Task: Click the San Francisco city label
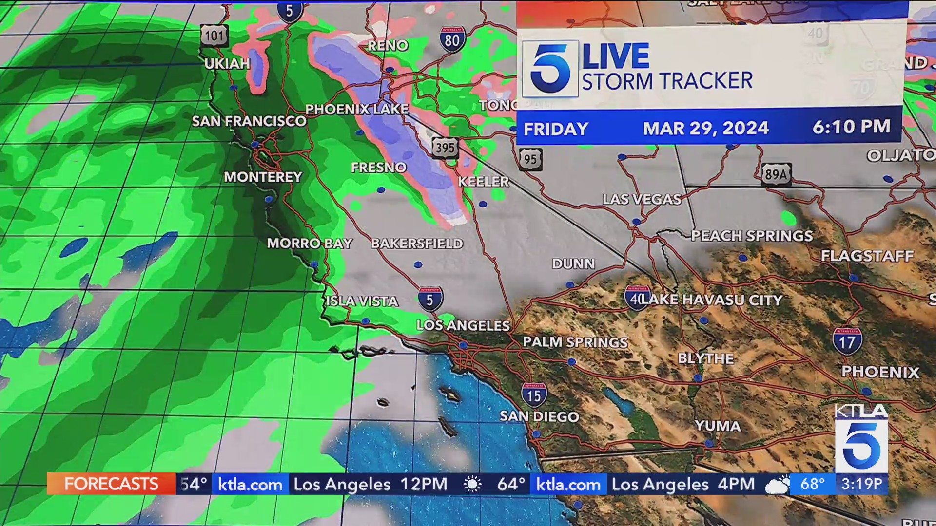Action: [x=249, y=121]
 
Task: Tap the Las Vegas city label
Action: [x=642, y=199]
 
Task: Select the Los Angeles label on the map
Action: [x=463, y=325]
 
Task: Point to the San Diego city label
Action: [x=539, y=416]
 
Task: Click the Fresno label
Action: [x=378, y=168]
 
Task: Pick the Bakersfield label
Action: [x=417, y=243]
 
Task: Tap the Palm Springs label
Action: [x=575, y=342]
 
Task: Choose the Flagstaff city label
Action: [x=867, y=256]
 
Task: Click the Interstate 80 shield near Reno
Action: [x=452, y=39]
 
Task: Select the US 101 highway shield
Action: [x=214, y=35]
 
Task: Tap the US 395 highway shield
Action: [x=445, y=147]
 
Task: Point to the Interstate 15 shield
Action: [x=534, y=395]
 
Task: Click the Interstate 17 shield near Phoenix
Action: [x=847, y=341]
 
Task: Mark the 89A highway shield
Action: [x=776, y=174]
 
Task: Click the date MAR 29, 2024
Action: [x=705, y=128]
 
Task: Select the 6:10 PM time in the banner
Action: [x=851, y=127]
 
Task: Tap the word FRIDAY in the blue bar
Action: [x=556, y=129]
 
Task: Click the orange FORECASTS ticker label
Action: [x=111, y=484]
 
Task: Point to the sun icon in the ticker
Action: [x=472, y=484]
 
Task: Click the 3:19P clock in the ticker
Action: [x=861, y=484]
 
